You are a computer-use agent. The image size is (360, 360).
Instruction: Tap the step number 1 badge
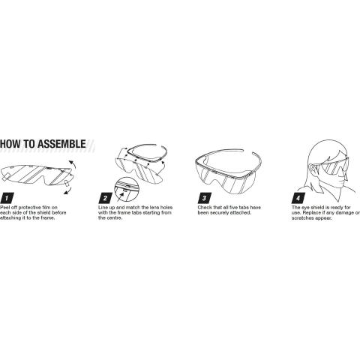7,199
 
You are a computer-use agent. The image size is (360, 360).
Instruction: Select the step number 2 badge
106,199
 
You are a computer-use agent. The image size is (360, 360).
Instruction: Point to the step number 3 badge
205,199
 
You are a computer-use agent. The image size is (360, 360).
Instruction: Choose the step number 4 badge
298,199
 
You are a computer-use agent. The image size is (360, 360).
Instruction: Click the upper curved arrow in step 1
73,166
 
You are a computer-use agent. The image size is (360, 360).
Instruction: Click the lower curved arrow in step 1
68,190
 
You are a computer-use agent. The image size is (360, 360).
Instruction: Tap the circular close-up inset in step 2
127,190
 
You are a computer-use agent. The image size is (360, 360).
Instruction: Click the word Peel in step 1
4,208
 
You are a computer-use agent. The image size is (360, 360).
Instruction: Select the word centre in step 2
115,218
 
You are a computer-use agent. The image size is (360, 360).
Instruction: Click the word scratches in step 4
303,218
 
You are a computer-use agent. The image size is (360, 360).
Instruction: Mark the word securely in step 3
220,213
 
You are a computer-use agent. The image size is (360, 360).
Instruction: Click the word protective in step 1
30,208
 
